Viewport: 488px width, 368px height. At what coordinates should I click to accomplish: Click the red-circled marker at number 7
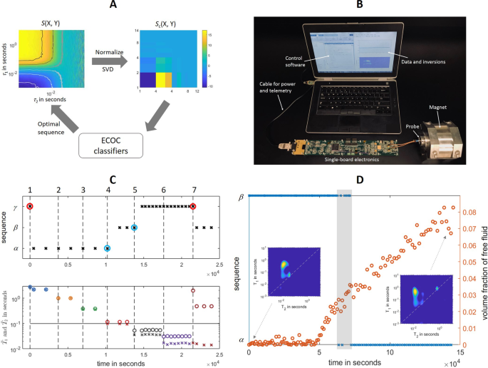pyautogui.click(x=193, y=207)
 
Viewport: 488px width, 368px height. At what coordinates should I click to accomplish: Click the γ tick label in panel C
pyautogui.click(x=14, y=207)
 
